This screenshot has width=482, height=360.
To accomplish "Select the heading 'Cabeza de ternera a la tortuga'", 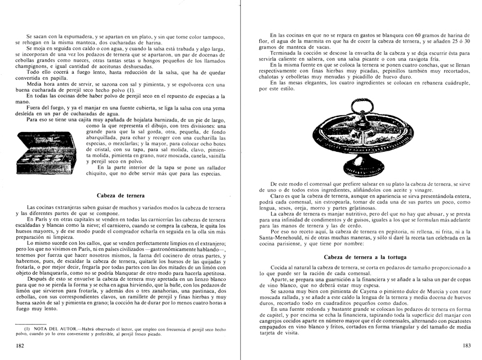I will (x=361, y=257).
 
